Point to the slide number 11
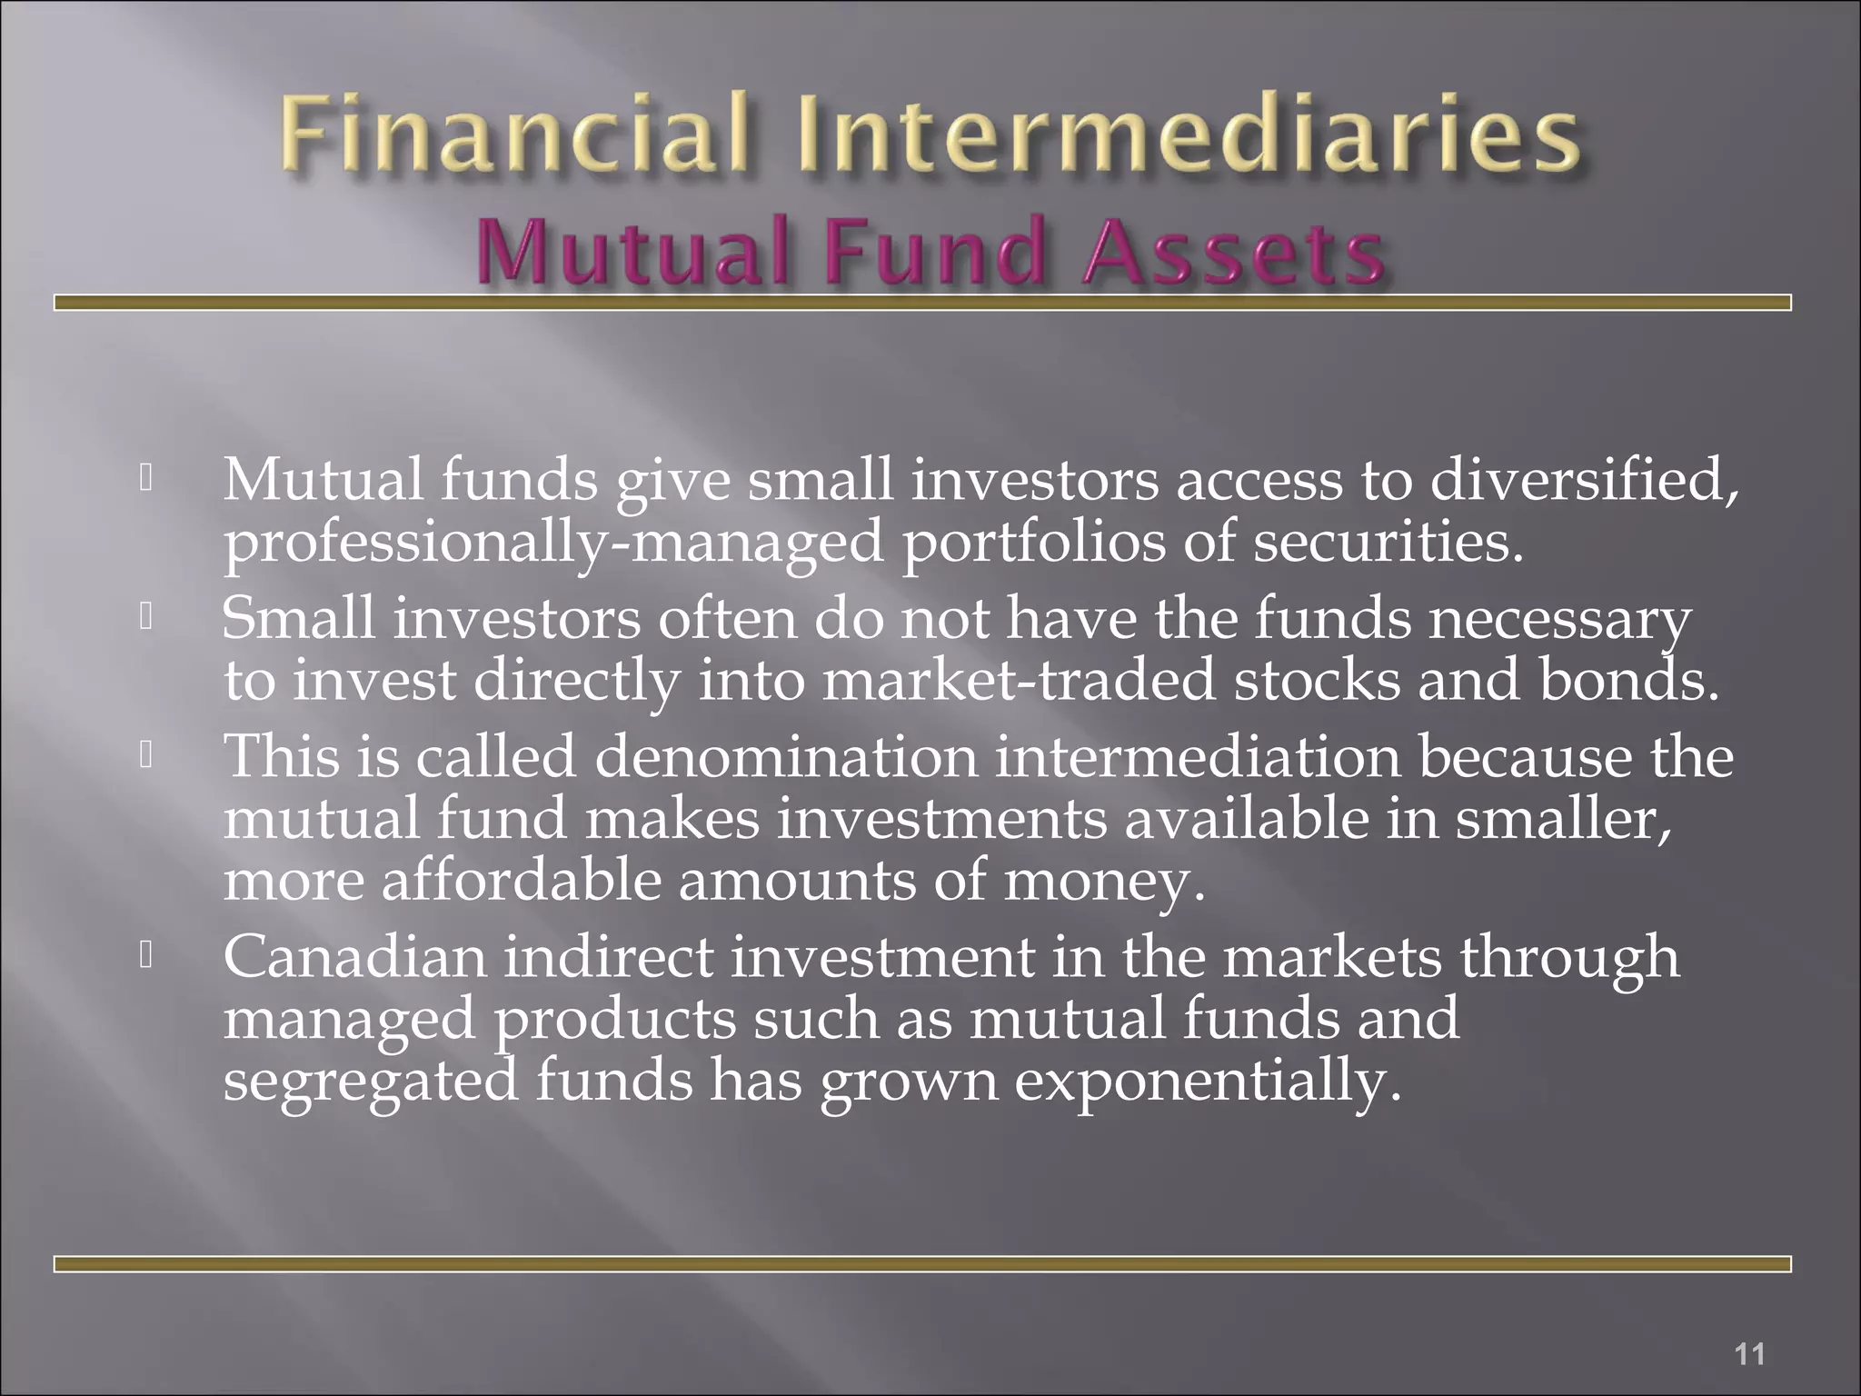click(x=1749, y=1329)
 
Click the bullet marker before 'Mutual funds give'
click(x=145, y=479)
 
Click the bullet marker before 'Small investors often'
click(x=145, y=618)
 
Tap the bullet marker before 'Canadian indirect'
click(x=145, y=956)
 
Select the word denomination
click(x=785, y=756)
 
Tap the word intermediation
click(x=1198, y=756)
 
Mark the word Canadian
click(x=355, y=956)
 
